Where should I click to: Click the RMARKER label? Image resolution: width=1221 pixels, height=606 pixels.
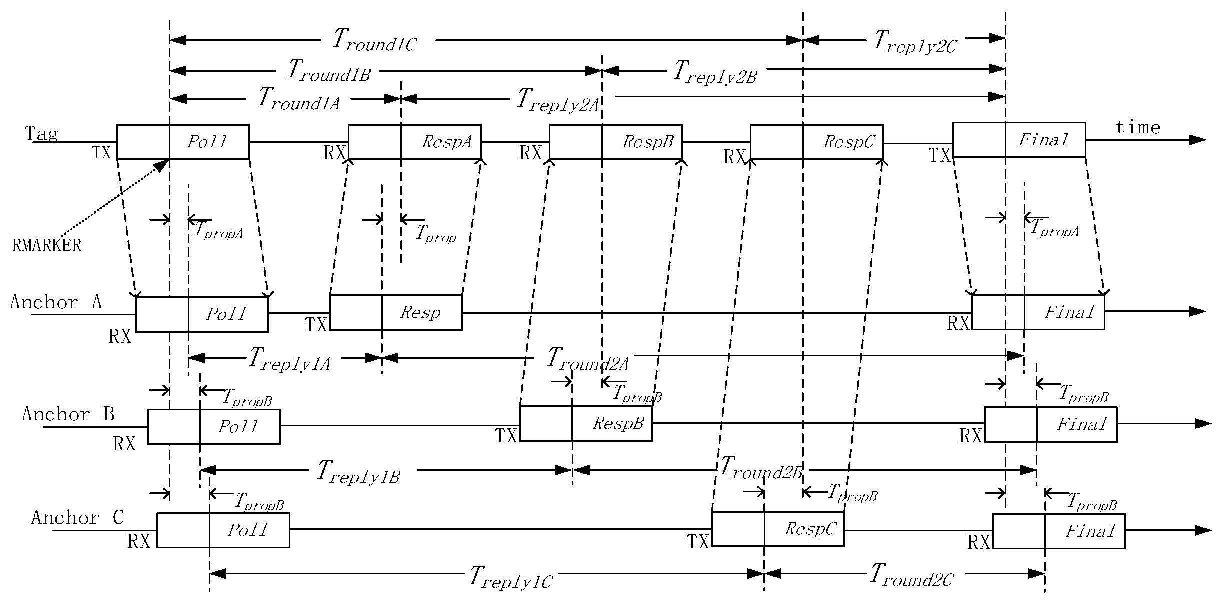(46, 245)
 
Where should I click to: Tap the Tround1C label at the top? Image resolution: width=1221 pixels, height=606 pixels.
(374, 40)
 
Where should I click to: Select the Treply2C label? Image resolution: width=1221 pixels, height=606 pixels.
(914, 41)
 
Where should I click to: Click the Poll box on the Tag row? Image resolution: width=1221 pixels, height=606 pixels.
(183, 142)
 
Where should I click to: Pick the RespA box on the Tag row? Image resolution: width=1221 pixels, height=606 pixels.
(415, 142)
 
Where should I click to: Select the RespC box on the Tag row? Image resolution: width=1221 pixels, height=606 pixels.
(816, 142)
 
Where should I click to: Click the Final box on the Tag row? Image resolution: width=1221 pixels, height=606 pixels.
(1019, 140)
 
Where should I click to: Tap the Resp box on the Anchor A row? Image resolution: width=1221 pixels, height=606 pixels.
(395, 313)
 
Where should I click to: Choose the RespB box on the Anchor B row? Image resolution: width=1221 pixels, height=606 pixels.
(586, 423)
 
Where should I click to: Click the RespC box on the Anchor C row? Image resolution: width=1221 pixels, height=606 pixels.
(778, 529)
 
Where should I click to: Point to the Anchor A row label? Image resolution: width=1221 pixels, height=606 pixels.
(56, 302)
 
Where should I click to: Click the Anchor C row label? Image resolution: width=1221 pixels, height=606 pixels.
(77, 517)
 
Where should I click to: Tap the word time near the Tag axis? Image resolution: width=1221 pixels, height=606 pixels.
(1138, 127)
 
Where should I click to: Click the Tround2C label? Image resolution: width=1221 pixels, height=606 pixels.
(911, 575)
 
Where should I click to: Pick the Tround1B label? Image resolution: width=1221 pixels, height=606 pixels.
(329, 70)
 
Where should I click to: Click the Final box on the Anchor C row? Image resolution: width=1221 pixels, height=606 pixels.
(1059, 531)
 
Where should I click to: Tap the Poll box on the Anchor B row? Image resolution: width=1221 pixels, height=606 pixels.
(213, 426)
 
